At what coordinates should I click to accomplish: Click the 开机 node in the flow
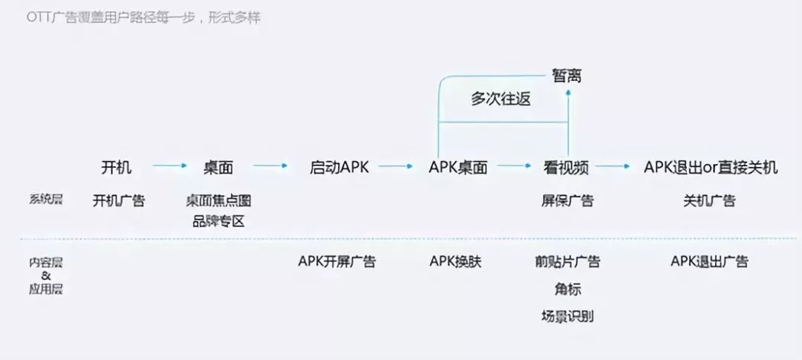tap(117, 168)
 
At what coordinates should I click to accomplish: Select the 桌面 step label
tap(218, 168)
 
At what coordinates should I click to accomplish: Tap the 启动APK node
tap(339, 168)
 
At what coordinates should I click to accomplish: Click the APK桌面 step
tap(458, 168)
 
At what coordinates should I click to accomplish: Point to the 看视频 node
tap(566, 168)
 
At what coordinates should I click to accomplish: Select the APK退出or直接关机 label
tap(711, 168)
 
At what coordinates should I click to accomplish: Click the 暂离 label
tap(567, 76)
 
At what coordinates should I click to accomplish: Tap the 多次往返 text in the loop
tap(501, 99)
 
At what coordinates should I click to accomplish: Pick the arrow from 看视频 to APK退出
tap(613, 167)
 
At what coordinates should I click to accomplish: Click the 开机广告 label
tap(119, 200)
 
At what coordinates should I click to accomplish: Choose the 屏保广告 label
tap(567, 200)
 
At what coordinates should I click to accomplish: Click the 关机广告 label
tap(709, 200)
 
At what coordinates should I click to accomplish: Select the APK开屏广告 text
tap(337, 261)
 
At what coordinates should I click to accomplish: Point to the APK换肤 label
tap(456, 261)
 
